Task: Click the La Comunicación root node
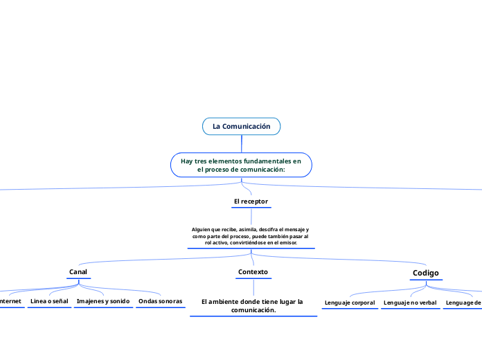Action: point(241,127)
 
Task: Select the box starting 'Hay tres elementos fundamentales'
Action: point(241,165)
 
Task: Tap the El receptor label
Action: point(251,201)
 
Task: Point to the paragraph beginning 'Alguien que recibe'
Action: point(251,236)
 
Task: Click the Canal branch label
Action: point(78,271)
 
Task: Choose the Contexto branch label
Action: point(253,272)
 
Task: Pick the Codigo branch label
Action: point(426,273)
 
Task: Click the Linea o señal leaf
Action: point(49,302)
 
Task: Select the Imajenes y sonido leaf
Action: point(103,302)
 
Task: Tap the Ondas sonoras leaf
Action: point(160,302)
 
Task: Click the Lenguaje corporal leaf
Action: point(350,303)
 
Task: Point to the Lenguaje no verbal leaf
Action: point(411,303)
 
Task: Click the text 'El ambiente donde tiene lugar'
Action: point(252,302)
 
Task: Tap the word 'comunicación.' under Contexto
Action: point(253,310)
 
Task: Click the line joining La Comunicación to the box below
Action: point(241,143)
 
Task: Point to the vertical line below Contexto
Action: point(253,287)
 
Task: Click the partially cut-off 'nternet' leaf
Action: point(10,302)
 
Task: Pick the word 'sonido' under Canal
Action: point(119,302)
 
